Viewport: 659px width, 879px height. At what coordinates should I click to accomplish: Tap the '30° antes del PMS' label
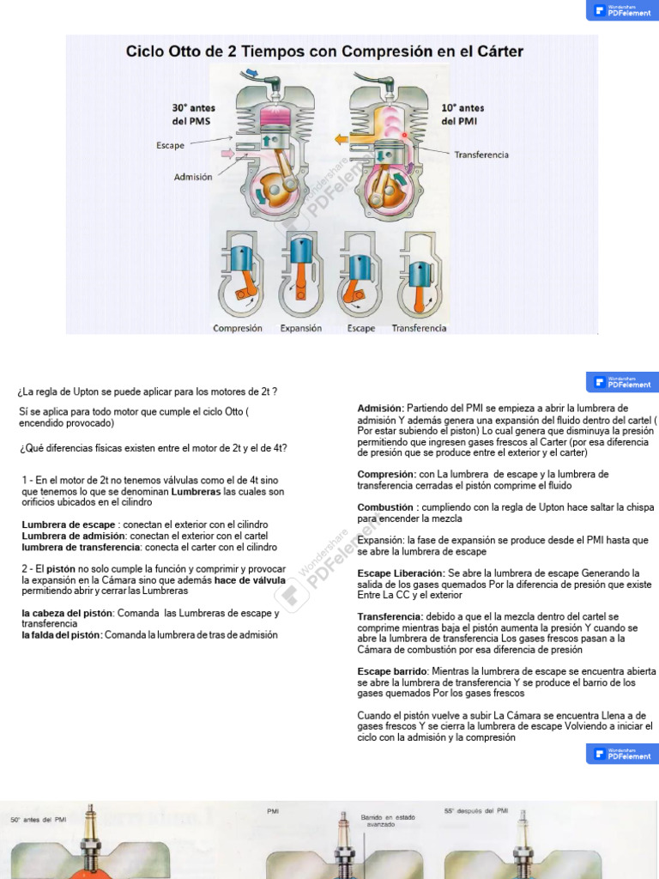pyautogui.click(x=193, y=114)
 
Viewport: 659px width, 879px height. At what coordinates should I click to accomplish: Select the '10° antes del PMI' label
pyautogui.click(x=463, y=114)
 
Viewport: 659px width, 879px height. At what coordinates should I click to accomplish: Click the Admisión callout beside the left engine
pyautogui.click(x=193, y=178)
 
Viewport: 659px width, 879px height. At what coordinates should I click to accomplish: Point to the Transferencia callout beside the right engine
pyautogui.click(x=481, y=155)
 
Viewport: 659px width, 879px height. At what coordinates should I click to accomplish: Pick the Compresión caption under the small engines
pyautogui.click(x=238, y=328)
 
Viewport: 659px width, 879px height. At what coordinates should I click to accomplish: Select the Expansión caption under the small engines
pyautogui.click(x=301, y=328)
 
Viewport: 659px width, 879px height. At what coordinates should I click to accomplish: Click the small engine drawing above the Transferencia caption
pyautogui.click(x=419, y=275)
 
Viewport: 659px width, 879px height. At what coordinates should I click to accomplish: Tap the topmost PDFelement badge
pyautogui.click(x=622, y=10)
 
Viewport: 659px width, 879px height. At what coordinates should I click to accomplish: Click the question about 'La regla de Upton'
pyautogui.click(x=148, y=391)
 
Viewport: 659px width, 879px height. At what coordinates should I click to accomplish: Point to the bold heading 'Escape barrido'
pyautogui.click(x=392, y=671)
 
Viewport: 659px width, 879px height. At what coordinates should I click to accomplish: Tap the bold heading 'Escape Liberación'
pyautogui.click(x=401, y=573)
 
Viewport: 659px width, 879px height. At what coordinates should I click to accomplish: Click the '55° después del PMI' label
pyautogui.click(x=476, y=810)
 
